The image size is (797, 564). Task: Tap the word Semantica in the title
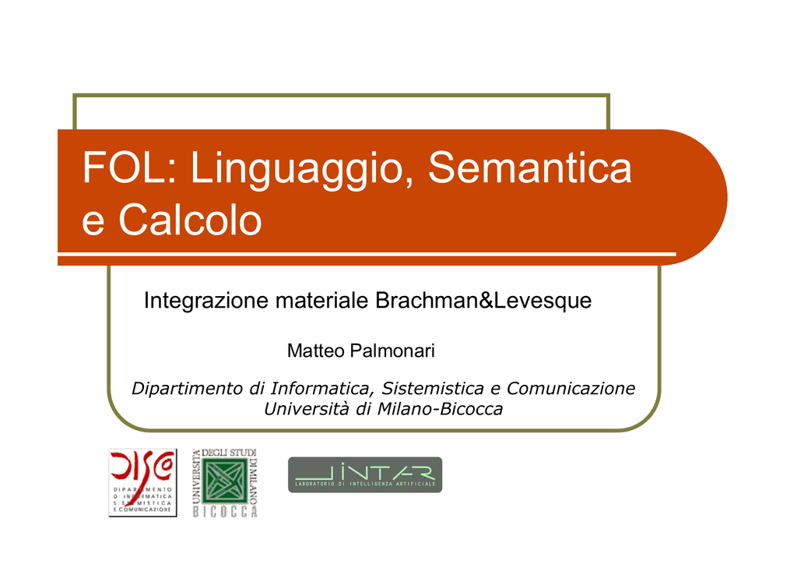pyautogui.click(x=529, y=167)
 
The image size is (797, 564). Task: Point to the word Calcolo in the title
pyautogui.click(x=190, y=220)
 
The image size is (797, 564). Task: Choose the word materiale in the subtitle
pyautogui.click(x=321, y=300)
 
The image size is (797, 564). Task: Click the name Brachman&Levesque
pyautogui.click(x=483, y=301)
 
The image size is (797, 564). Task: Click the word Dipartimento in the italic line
pyautogui.click(x=187, y=389)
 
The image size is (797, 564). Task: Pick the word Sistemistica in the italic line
pyautogui.click(x=433, y=388)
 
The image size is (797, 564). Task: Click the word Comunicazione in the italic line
pyautogui.click(x=571, y=388)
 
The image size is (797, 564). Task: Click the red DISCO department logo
pyautogui.click(x=143, y=483)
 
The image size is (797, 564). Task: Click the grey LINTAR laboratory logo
pyautogui.click(x=365, y=474)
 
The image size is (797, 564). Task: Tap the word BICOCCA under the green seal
pyautogui.click(x=225, y=512)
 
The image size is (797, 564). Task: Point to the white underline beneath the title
pyautogui.click(x=367, y=253)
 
